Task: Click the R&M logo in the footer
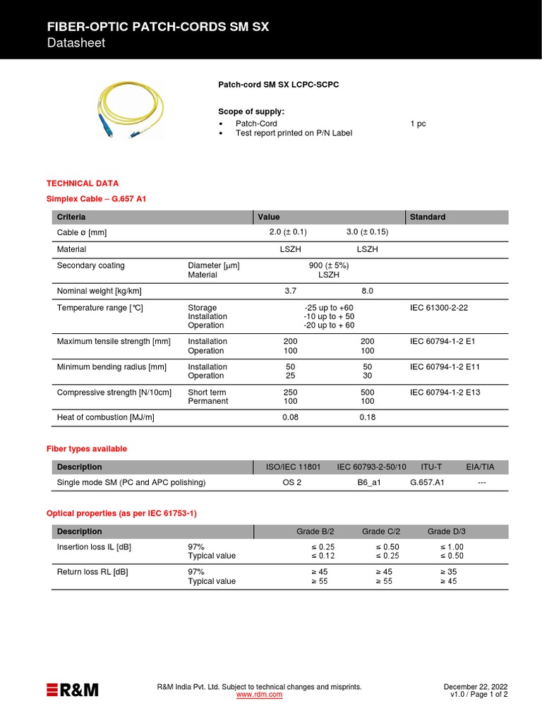click(72, 690)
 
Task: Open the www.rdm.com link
click(259, 695)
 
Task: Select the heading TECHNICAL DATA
click(82, 183)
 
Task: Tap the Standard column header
click(428, 217)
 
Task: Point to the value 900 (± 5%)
click(329, 265)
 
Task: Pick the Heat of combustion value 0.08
click(290, 417)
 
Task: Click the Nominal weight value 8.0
click(367, 291)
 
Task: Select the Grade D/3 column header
click(447, 532)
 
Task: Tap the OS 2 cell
click(292, 483)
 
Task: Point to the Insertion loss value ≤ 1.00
click(452, 547)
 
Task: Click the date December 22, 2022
click(475, 687)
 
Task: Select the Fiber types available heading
click(86, 448)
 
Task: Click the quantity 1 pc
click(418, 124)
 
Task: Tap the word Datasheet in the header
click(76, 43)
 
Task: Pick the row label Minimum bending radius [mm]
click(112, 366)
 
